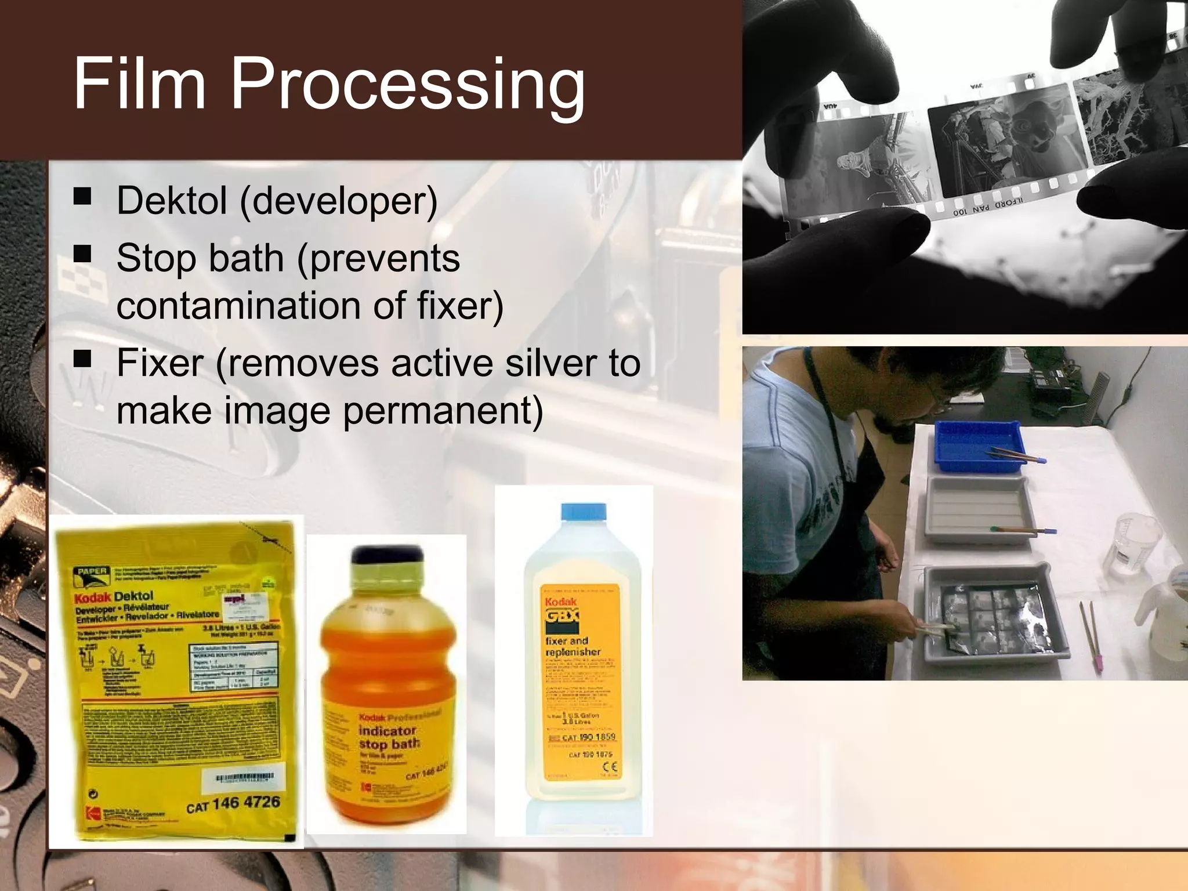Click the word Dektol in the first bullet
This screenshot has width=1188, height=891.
pos(172,201)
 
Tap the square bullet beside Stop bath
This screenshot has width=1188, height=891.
pos(83,253)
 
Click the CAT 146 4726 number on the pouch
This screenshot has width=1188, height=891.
pos(233,805)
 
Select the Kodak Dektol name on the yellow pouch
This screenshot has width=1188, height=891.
pos(114,597)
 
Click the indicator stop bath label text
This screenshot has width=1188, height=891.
pos(387,737)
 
